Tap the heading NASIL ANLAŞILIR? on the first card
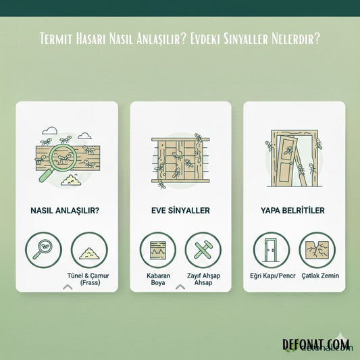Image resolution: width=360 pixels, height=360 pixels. pyautogui.click(x=65, y=211)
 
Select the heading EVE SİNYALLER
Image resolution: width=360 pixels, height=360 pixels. pyautogui.click(x=180, y=211)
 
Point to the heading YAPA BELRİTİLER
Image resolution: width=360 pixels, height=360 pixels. pyautogui.click(x=292, y=211)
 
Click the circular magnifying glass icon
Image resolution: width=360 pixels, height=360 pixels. pyautogui.click(x=43, y=250)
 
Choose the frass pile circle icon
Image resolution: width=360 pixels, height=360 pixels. pyautogui.click(x=89, y=250)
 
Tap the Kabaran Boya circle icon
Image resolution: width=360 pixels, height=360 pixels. pyautogui.click(x=158, y=250)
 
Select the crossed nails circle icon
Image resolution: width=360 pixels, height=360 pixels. pyautogui.click(x=203, y=250)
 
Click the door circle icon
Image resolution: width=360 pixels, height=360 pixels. pyautogui.click(x=272, y=250)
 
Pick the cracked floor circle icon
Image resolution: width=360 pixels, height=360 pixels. pyautogui.click(x=317, y=250)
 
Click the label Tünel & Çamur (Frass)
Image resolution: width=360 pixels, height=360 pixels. pyautogui.click(x=88, y=279)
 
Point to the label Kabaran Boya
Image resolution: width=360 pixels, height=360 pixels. pyautogui.click(x=158, y=279)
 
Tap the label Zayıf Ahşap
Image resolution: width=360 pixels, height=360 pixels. pyautogui.click(x=203, y=276)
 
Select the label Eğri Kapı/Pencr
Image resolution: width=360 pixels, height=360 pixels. pyautogui.click(x=273, y=276)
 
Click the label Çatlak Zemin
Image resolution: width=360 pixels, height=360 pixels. pyautogui.click(x=320, y=276)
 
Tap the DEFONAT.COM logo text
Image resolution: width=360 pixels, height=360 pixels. pyautogui.click(x=316, y=344)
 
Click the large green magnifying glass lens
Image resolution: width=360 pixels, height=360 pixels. pyautogui.click(x=62, y=158)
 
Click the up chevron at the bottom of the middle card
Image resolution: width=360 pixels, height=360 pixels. pyautogui.click(x=180, y=287)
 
